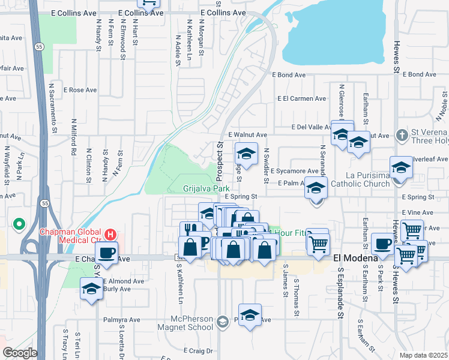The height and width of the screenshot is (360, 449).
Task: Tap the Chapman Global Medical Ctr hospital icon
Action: [110, 233]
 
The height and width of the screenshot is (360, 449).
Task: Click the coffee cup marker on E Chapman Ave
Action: [106, 253]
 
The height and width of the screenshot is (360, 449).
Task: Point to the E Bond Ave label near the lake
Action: [289, 75]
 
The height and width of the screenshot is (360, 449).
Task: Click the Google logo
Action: [19, 353]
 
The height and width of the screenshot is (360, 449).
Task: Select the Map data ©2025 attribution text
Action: [423, 355]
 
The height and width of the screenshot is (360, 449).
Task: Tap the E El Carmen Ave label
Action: [301, 99]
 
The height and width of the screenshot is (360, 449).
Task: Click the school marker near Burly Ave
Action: [92, 289]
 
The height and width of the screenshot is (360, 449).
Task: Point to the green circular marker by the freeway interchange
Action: [19, 225]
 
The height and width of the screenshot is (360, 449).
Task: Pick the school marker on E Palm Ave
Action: [316, 189]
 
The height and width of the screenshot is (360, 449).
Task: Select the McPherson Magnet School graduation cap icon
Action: [222, 322]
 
